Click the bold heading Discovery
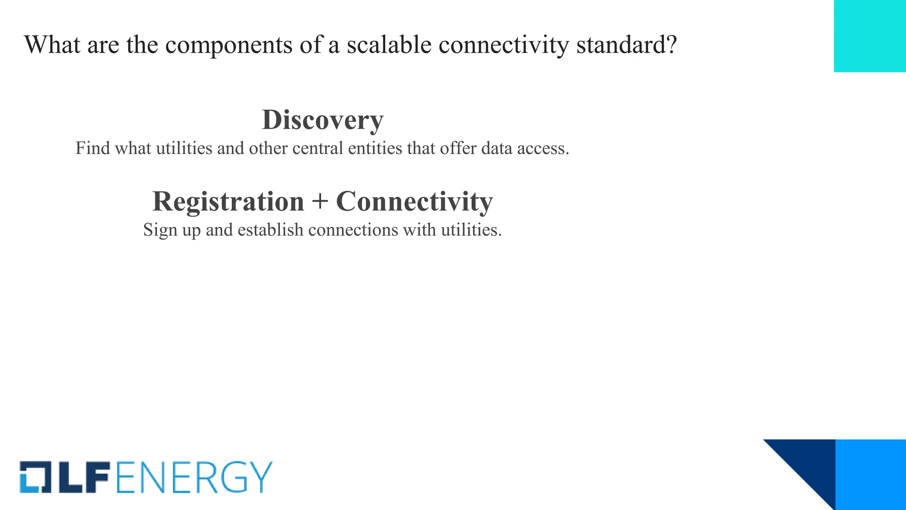point(322,120)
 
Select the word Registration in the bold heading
point(228,201)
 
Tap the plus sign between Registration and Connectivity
point(320,202)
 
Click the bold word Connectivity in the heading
point(414,201)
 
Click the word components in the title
point(229,46)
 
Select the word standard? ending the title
point(626,45)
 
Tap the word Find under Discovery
point(92,148)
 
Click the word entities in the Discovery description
point(375,148)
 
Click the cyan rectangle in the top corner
point(870,36)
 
